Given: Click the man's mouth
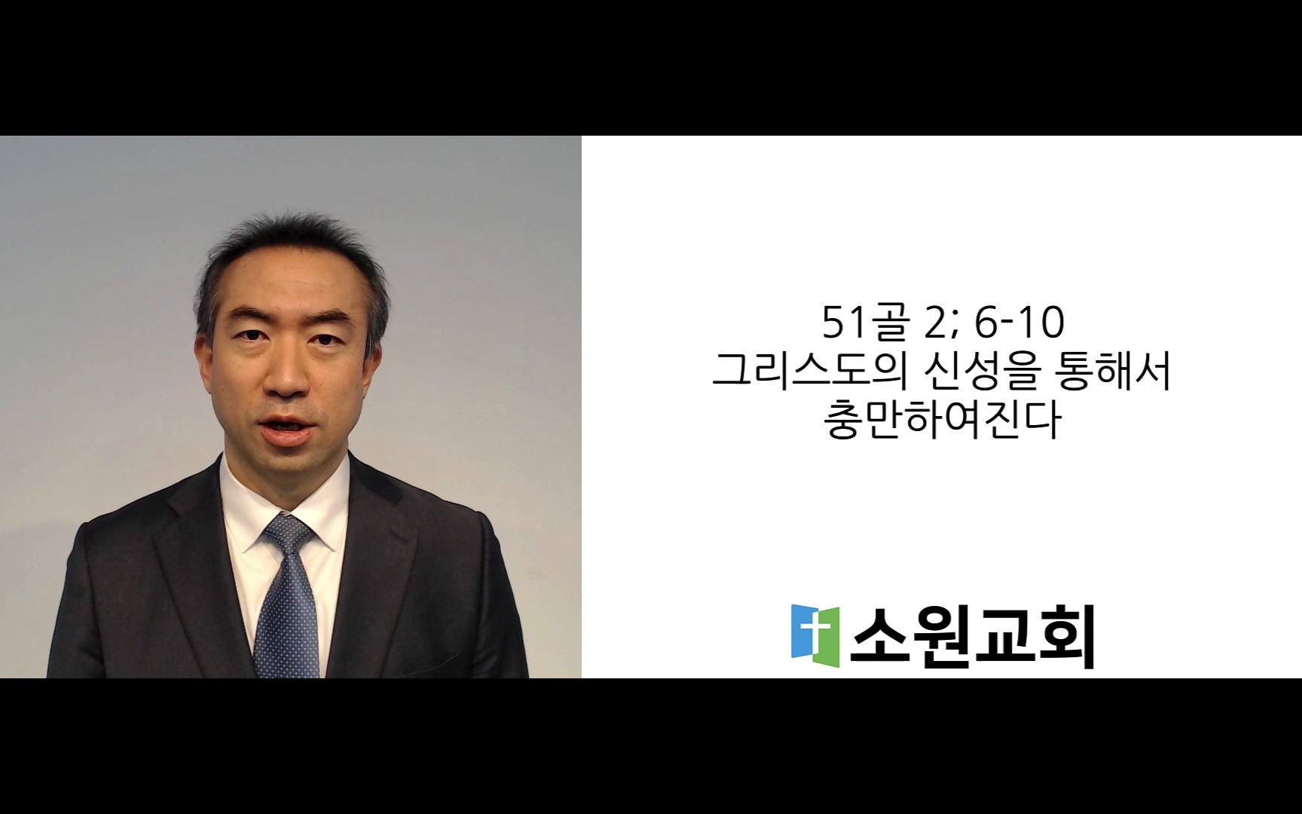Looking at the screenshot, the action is (288, 430).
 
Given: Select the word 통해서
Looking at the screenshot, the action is (1114, 371).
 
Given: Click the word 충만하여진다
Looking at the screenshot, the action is (943, 421).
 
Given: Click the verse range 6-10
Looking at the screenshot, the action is (1019, 323).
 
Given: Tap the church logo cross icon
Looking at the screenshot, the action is (815, 635).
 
